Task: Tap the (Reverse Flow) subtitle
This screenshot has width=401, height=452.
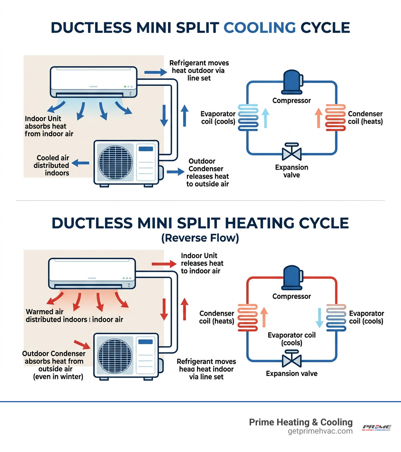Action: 200,238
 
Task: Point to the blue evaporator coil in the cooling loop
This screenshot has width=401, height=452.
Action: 248,116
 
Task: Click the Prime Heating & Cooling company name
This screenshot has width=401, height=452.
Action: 301,422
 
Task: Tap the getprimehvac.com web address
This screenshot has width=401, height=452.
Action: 320,431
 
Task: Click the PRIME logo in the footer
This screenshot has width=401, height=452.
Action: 376,427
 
